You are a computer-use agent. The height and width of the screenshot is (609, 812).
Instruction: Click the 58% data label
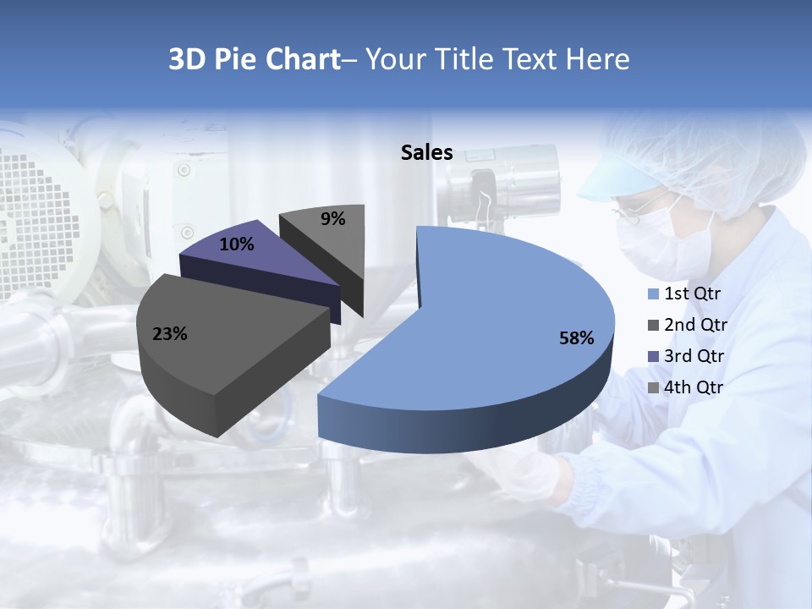pos(576,338)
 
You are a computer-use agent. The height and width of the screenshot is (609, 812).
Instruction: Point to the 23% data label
pos(169,334)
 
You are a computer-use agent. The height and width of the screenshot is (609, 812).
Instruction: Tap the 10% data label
pos(236,244)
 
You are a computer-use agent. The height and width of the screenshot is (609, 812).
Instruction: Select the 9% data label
pos(333,219)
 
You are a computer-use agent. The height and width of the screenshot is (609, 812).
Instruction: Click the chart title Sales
pos(426,153)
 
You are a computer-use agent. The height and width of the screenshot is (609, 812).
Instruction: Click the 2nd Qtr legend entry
pos(686,325)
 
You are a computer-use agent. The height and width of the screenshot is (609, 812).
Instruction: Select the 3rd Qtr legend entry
pos(686,356)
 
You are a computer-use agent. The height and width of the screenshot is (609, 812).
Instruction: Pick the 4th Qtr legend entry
pos(685,387)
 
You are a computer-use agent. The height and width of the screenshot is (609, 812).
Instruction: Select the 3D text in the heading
pos(187,59)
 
